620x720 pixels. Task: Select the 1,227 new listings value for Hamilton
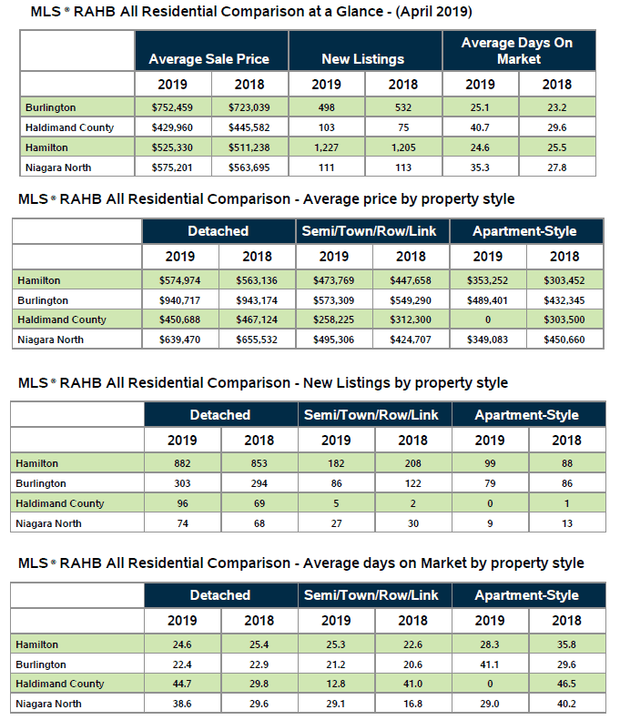pos(327,147)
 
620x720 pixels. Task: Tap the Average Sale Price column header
pos(210,59)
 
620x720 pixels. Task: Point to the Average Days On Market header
pos(519,51)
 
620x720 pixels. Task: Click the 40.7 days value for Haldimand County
pos(480,127)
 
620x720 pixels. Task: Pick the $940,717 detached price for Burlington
pos(179,300)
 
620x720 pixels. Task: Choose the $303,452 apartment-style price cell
pos(564,281)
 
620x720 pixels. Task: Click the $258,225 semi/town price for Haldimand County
pos(334,319)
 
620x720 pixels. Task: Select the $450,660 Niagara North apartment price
pos(564,340)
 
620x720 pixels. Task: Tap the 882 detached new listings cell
pos(181,464)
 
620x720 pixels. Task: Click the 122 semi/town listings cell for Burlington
pos(412,483)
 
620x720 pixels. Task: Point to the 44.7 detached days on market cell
pos(181,684)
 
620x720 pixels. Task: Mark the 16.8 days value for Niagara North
pos(412,704)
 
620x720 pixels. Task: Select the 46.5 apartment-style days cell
pos(564,684)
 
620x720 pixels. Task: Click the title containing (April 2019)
pos(238,13)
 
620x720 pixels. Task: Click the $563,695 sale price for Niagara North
pos(249,167)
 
